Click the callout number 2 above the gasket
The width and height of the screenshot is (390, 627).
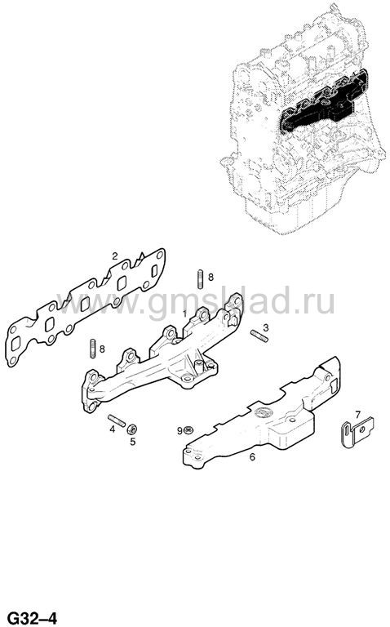(115, 256)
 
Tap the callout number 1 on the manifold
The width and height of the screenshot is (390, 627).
(184, 313)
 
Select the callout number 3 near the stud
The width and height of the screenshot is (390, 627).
(266, 328)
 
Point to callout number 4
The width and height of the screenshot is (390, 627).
(113, 429)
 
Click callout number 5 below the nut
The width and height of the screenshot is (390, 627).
(133, 442)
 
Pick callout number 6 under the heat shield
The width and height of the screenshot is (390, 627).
(252, 456)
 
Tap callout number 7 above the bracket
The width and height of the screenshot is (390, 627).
(357, 414)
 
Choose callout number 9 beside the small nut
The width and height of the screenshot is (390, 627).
(179, 430)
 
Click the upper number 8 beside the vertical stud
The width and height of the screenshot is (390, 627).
(211, 277)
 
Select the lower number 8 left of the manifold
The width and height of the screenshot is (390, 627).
(102, 349)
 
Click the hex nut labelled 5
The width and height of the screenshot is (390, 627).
(131, 429)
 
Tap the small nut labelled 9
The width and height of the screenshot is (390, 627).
(188, 430)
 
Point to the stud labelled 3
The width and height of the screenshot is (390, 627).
(259, 336)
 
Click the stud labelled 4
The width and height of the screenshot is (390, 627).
(117, 420)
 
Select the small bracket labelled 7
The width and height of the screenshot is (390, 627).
(357, 432)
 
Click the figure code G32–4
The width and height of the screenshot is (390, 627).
(33, 618)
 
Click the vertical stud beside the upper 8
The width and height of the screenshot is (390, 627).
(199, 279)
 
